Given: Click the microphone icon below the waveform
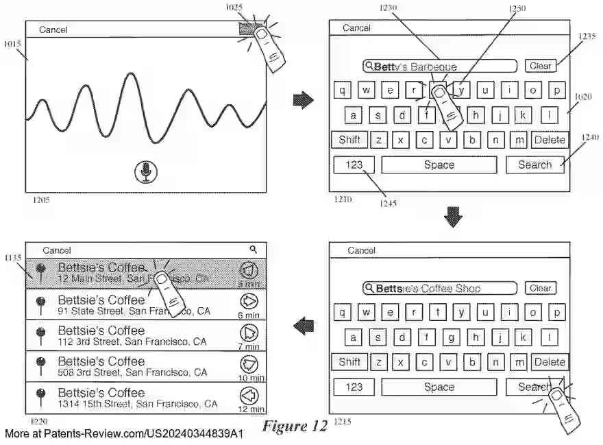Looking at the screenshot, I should point(145,172).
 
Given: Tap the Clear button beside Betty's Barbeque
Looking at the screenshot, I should point(540,66).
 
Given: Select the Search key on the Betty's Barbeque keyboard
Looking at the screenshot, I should point(534,165).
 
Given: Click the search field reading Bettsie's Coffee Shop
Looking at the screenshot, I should point(440,289).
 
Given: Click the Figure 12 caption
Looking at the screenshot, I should point(295,426).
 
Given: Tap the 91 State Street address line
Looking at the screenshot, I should point(134,312).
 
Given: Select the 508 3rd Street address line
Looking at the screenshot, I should point(132,373).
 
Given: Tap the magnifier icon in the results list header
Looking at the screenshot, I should point(253,250).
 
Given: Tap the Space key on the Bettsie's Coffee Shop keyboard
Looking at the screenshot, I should point(439,387).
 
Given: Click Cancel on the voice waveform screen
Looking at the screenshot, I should point(53,29).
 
